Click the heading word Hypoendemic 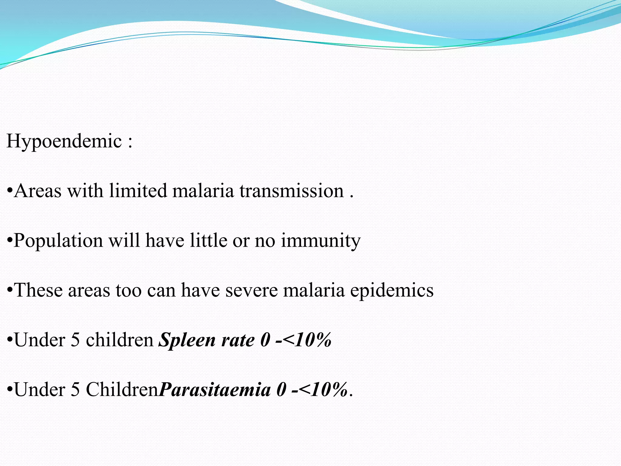[x=64, y=141]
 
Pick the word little [x=208, y=241]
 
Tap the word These [x=38, y=290]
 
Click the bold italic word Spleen [x=187, y=340]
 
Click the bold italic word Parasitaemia [x=215, y=390]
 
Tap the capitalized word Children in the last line [x=122, y=390]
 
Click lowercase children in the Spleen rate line [x=120, y=340]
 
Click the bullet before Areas [x=10, y=191]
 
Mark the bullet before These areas [x=10, y=290]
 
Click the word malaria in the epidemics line [x=314, y=290]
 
